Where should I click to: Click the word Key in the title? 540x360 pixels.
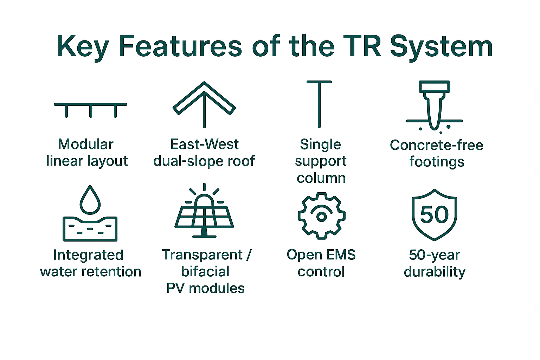(x=83, y=47)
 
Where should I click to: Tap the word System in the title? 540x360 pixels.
(x=441, y=47)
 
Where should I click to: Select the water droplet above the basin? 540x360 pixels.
(x=90, y=200)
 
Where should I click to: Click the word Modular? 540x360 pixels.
(x=85, y=144)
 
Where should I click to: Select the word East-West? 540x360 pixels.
(x=204, y=144)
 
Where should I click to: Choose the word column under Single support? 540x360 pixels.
(x=321, y=178)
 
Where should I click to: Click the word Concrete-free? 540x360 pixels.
(x=437, y=145)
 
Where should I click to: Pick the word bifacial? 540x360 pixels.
(x=205, y=271)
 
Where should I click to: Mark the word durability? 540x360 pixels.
(x=435, y=272)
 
